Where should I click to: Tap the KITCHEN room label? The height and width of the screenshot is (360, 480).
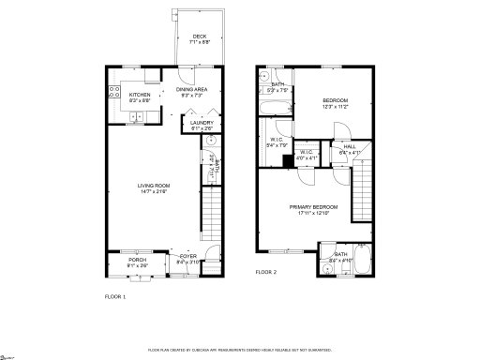coord(140,97)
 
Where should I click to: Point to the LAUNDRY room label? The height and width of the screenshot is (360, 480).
coord(201,126)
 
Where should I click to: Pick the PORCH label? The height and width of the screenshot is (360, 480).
coord(137,262)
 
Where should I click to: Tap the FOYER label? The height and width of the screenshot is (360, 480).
coord(188,260)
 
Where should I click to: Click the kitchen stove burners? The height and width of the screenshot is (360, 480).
coord(114,94)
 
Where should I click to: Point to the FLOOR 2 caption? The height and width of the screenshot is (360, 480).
coord(266,273)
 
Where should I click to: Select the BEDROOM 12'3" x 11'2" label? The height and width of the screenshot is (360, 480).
coord(336,103)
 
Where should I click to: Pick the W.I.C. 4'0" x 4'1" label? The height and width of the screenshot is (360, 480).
coord(307,155)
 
